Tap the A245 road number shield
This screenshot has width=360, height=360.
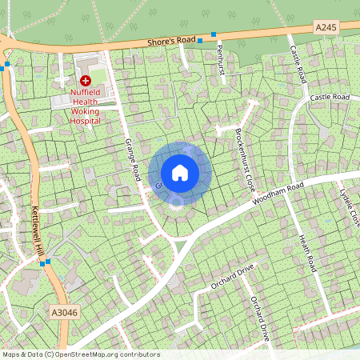point(326,27)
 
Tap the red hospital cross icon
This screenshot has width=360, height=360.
point(85,80)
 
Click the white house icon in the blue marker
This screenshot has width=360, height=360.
point(180,172)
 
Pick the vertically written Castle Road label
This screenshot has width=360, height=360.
point(298,63)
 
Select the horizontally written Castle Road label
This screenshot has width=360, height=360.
point(330,98)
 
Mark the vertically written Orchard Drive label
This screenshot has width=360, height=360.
point(260,318)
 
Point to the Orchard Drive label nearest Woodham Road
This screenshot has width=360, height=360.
point(231,276)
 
